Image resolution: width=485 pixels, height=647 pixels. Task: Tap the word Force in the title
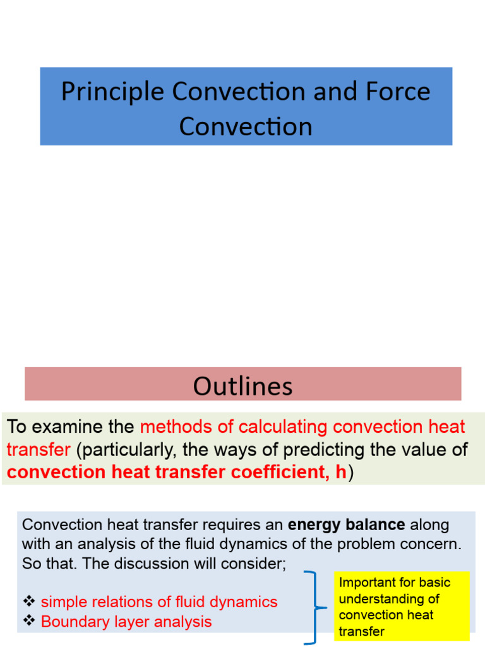(397, 92)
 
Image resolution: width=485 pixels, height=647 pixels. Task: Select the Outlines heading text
(242, 386)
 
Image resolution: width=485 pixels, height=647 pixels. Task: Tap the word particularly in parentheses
(134, 450)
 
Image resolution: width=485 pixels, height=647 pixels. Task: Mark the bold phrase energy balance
(346, 525)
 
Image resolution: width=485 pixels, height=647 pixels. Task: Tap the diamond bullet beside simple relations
(28, 602)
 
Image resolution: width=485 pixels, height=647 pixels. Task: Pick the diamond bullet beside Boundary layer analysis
(28, 621)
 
